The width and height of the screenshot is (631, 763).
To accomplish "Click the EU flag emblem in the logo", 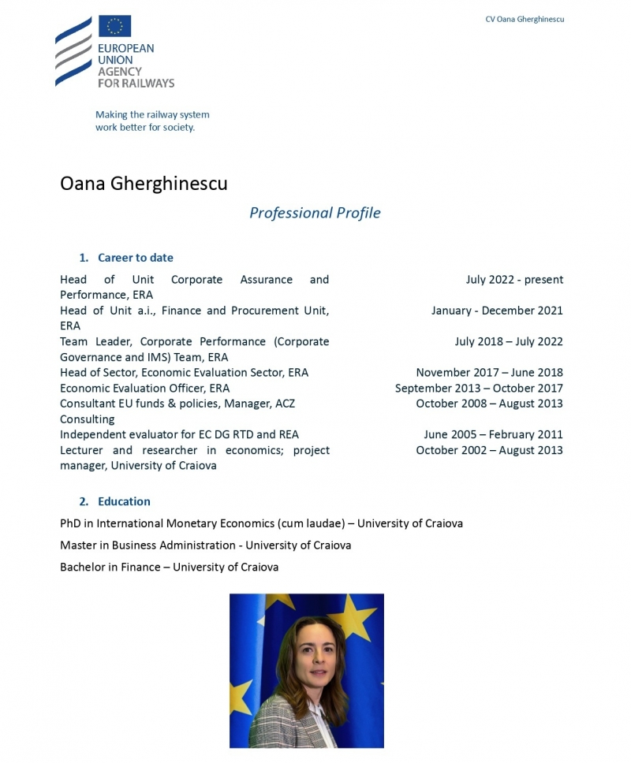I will pos(114,26).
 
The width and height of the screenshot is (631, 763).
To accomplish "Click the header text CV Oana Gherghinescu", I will pos(525,19).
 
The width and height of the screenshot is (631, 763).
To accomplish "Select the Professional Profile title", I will pos(315,213).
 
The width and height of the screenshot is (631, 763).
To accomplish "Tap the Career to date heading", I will pos(135,258).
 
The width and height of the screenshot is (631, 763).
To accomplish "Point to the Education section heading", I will pos(124,501).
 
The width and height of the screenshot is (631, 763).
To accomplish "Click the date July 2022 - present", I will pos(514,280).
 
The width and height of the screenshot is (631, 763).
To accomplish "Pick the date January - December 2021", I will pos(497,311).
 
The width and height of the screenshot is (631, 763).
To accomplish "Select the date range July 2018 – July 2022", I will pos(509,342).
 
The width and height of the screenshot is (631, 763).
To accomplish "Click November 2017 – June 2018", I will pos(489,373).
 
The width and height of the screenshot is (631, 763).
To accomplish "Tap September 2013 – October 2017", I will pos(479,388).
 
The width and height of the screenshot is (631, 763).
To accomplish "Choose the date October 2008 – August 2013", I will pos(489,404).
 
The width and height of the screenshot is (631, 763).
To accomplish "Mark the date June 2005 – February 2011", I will pos(493,434).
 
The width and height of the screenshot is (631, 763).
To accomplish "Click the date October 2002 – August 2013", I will pos(489,450).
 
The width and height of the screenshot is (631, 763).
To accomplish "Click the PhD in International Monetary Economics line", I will pos(261,523).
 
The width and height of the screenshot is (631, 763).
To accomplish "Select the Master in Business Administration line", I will pos(205,545).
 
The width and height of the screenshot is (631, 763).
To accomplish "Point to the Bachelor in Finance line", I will pos(169,567).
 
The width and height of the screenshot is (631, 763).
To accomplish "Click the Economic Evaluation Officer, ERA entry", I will pos(144,388).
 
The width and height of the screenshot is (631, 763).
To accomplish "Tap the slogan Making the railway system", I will pos(152,114).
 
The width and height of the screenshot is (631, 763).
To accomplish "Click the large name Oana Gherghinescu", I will pos(144,184).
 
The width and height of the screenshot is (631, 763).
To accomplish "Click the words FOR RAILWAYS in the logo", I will pos(136,83).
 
